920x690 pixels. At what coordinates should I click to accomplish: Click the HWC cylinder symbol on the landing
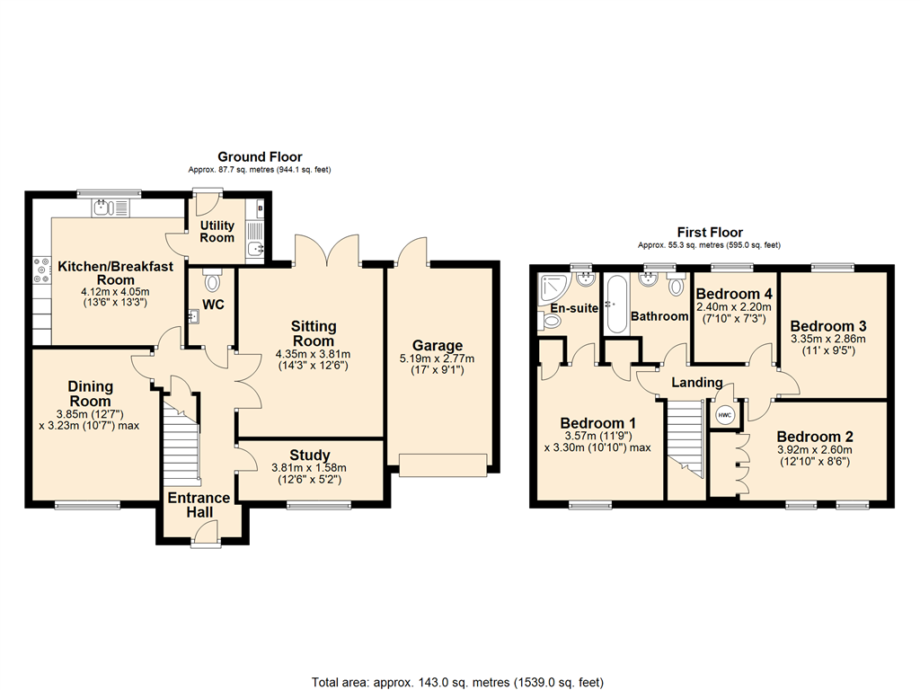point(724,415)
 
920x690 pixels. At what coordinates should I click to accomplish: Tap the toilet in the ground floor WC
point(213,281)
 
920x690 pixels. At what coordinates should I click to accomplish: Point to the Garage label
point(438,346)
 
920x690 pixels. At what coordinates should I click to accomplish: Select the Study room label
point(310,455)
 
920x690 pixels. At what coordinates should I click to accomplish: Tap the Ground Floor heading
point(261,156)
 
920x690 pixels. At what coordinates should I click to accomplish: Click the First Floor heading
point(709,233)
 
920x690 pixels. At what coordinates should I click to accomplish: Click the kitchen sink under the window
point(107,208)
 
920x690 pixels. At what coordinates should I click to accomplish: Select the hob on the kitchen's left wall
point(41,270)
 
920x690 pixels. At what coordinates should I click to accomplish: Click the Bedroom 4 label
point(733,294)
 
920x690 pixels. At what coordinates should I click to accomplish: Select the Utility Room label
point(217,232)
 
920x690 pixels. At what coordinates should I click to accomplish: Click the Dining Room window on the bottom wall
point(88,505)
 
